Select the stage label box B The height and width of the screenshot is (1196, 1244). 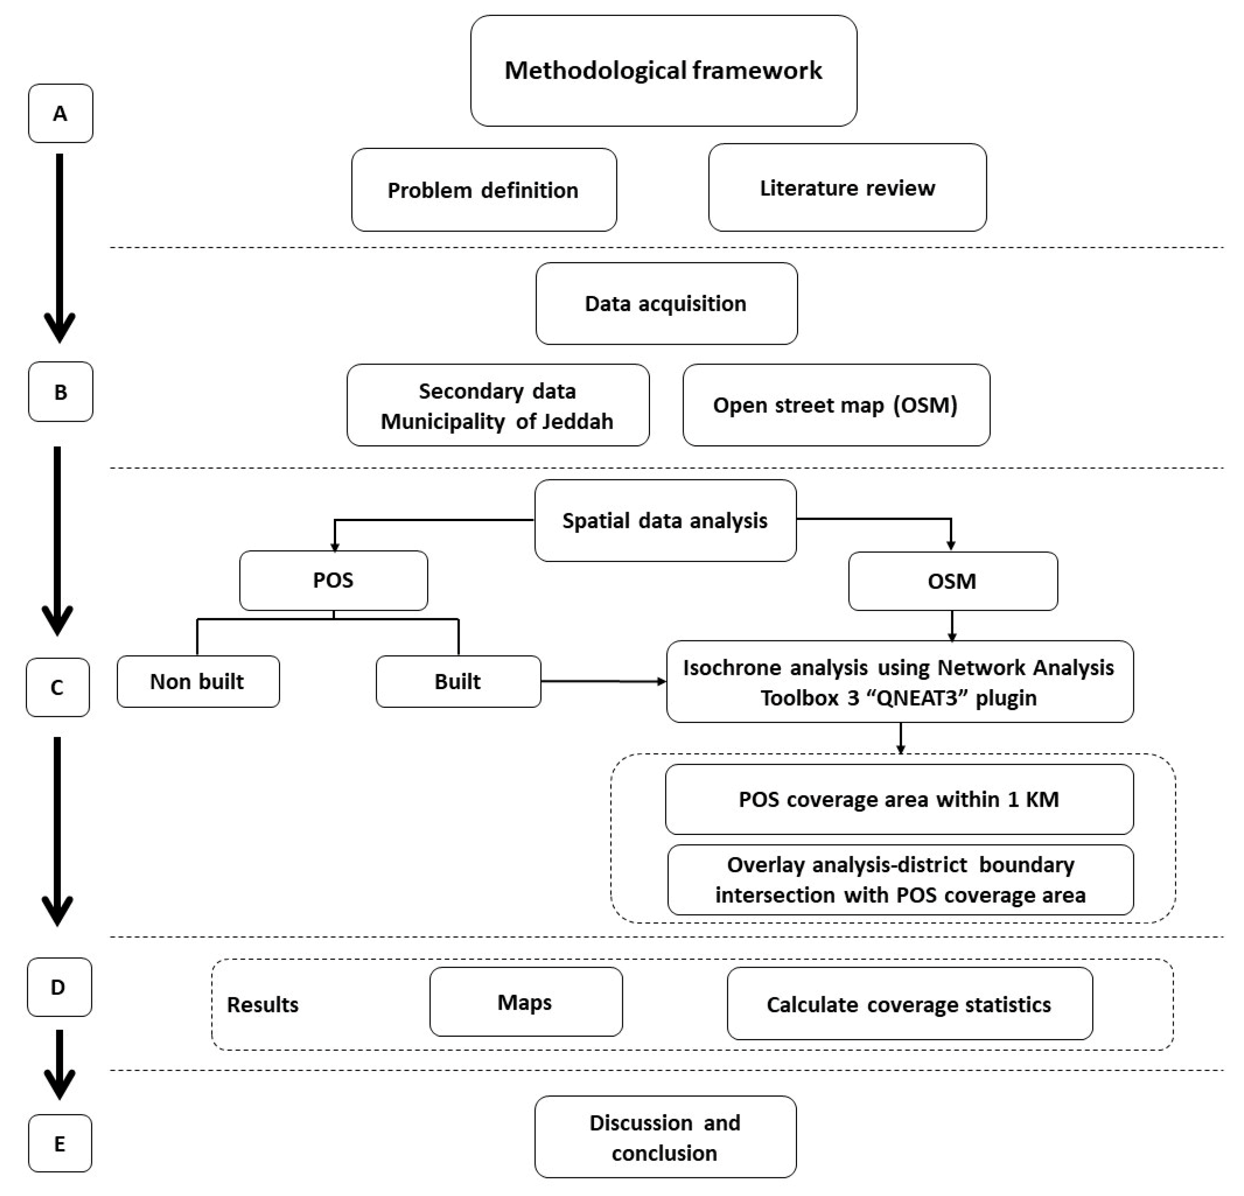(x=60, y=392)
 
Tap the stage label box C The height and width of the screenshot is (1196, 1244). (x=57, y=687)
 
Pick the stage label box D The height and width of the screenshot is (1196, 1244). (x=59, y=987)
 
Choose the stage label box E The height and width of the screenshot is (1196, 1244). (x=60, y=1143)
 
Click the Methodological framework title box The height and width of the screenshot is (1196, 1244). (x=663, y=70)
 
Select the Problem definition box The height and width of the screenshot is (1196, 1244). (x=484, y=190)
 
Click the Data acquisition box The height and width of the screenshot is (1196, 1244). (x=666, y=303)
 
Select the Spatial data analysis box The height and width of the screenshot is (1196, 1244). (x=665, y=520)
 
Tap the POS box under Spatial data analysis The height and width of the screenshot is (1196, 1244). (x=333, y=580)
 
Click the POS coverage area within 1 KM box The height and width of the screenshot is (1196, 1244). (x=899, y=799)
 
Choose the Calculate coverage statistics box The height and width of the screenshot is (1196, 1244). (x=909, y=1005)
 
